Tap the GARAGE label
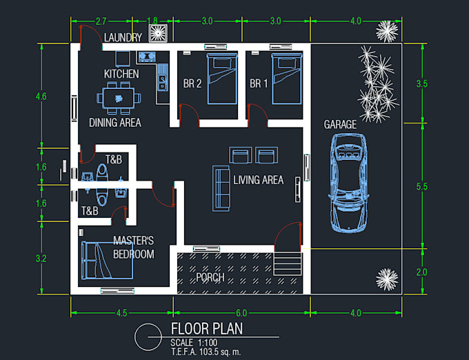click(x=340, y=125)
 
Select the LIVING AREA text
click(x=258, y=181)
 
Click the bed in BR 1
click(x=283, y=79)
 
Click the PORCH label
click(x=210, y=277)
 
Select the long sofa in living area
click(x=222, y=188)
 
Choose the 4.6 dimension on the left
click(x=41, y=96)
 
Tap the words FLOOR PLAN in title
click(x=206, y=330)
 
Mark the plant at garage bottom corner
click(x=387, y=279)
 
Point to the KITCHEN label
click(x=121, y=74)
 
